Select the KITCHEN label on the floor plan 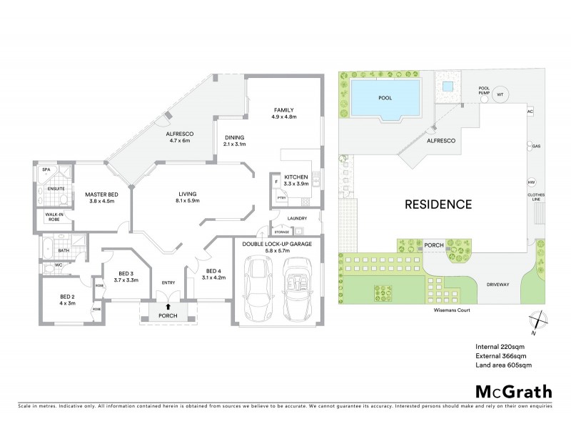(x=295, y=176)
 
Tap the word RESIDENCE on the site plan (x=438, y=204)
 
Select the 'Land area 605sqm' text (x=503, y=366)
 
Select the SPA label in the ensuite (x=45, y=170)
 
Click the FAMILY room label (x=284, y=109)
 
